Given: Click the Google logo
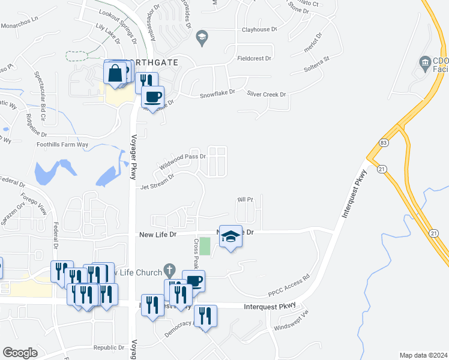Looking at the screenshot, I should tap(20, 352).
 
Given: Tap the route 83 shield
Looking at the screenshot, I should tap(383, 142).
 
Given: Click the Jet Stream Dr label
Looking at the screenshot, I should tap(157, 182).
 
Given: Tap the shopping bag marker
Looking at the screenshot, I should tap(114, 73).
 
